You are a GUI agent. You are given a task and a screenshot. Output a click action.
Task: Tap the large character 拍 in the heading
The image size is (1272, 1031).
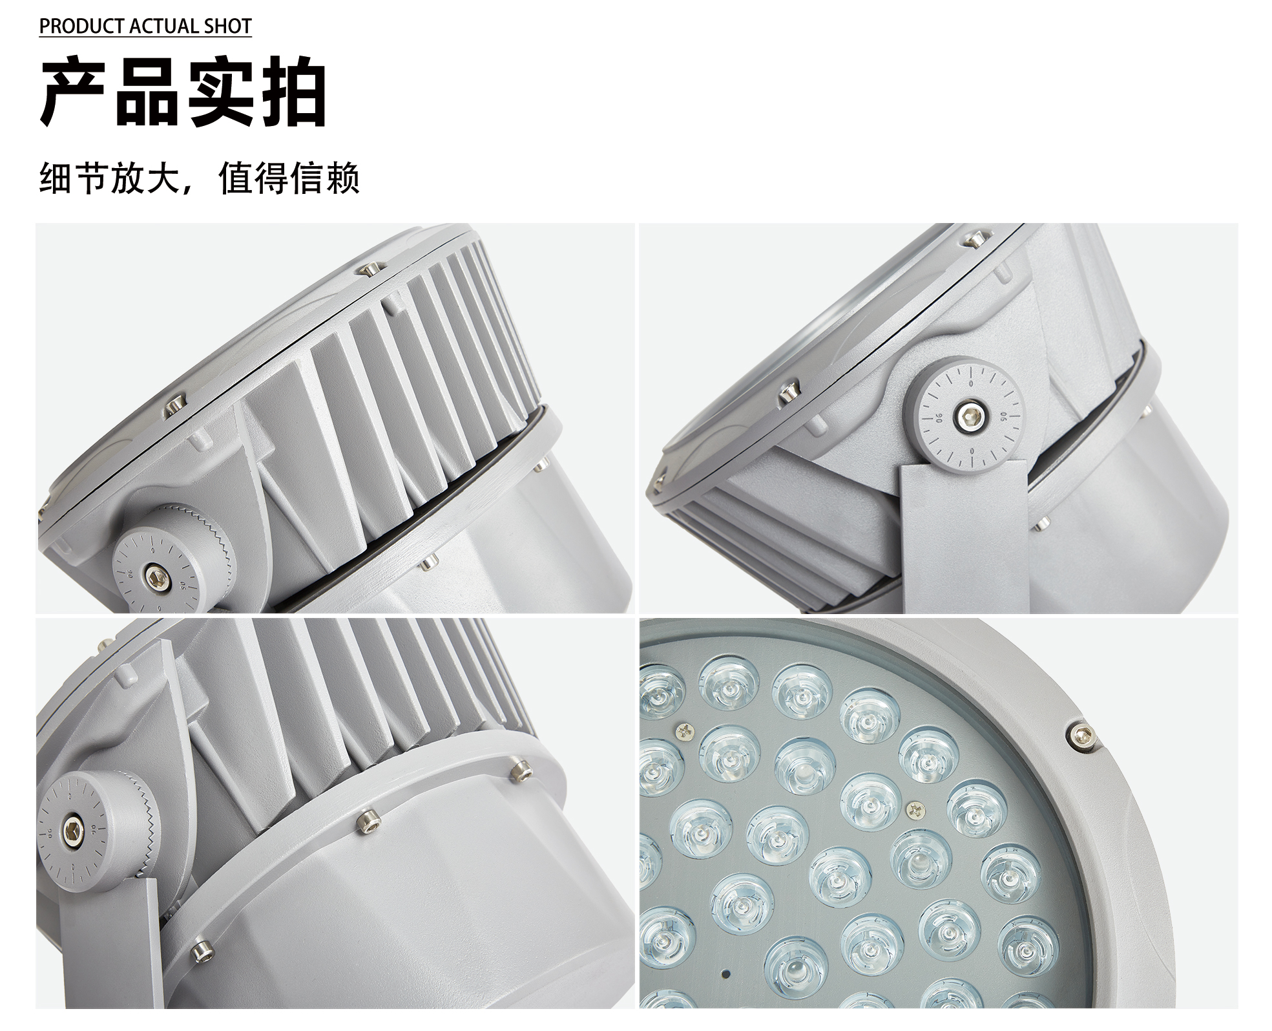pyautogui.click(x=292, y=92)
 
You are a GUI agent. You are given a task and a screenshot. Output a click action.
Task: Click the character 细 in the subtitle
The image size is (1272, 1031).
pyautogui.click(x=56, y=178)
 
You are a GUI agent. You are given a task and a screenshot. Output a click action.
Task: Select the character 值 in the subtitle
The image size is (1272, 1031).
pyautogui.click(x=235, y=178)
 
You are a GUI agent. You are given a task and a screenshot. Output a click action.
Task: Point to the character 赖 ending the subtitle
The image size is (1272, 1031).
pyautogui.click(x=342, y=178)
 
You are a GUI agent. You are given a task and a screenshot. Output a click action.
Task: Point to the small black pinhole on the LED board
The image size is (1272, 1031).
pyautogui.click(x=726, y=973)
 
